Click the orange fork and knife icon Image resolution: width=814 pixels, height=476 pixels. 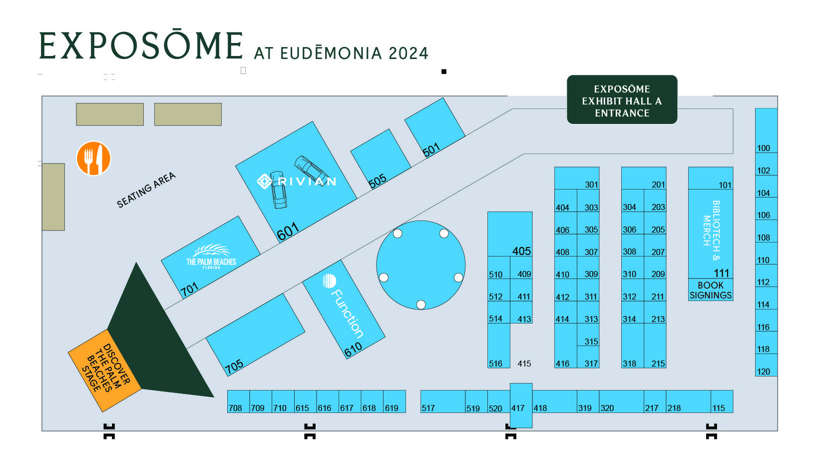coord(93,158)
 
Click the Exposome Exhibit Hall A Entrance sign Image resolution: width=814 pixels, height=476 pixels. coord(622,100)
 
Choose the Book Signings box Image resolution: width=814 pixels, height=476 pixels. coord(710,290)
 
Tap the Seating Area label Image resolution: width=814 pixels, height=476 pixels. coord(146,190)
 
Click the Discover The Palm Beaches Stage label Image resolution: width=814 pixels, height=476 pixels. coord(105,369)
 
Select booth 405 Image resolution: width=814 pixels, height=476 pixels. coord(521,251)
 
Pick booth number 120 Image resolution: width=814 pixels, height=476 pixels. coord(763,371)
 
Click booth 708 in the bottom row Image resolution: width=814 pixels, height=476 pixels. coord(235,407)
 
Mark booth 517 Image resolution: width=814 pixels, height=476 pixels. coord(428,407)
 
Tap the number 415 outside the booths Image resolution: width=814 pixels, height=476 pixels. coord(524,363)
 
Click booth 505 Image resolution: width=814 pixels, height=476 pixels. coord(378,180)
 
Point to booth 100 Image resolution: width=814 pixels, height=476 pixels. coord(763,148)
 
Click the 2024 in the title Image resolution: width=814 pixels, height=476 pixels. coord(408,53)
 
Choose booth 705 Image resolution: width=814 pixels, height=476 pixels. coord(234,365)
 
